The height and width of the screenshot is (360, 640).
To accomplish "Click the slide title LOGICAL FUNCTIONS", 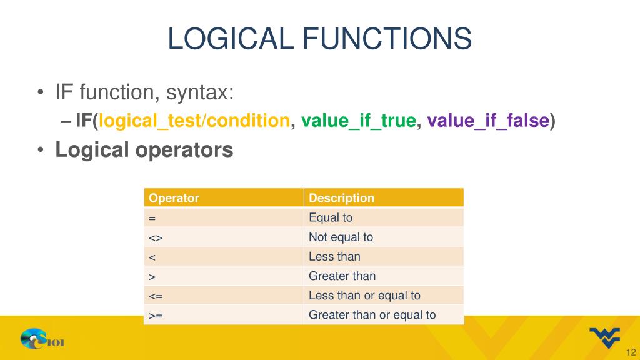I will pyautogui.click(x=319, y=38).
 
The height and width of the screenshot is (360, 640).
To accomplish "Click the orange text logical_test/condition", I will pyautogui.click(x=194, y=121).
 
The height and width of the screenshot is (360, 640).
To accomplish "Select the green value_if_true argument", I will pyautogui.click(x=358, y=121).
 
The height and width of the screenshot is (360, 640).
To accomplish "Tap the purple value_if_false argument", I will pyautogui.click(x=487, y=121).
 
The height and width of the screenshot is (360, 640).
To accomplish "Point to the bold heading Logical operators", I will pyautogui.click(x=144, y=150).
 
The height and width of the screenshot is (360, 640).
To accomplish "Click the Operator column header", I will pyautogui.click(x=174, y=198).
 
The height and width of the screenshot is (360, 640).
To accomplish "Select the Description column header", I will pyautogui.click(x=341, y=198).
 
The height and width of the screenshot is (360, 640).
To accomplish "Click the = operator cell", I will pyautogui.click(x=152, y=217).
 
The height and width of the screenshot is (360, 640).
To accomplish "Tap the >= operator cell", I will pyautogui.click(x=156, y=315).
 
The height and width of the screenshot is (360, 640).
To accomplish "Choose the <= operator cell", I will pyautogui.click(x=156, y=296).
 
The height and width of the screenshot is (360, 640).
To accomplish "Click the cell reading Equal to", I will pyautogui.click(x=331, y=217).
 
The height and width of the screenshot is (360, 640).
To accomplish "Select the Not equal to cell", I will pyautogui.click(x=341, y=237).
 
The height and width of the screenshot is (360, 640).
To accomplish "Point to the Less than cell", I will pyautogui.click(x=334, y=256).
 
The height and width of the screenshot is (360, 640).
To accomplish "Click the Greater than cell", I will pyautogui.click(x=342, y=276).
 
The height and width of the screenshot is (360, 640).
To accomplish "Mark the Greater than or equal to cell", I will pyautogui.click(x=372, y=315).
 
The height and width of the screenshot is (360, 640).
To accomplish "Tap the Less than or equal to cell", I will pyautogui.click(x=364, y=296).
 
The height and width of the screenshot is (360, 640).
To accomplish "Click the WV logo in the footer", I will pyautogui.click(x=604, y=337).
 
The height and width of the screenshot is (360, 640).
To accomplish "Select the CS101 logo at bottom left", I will pyautogui.click(x=42, y=340).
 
